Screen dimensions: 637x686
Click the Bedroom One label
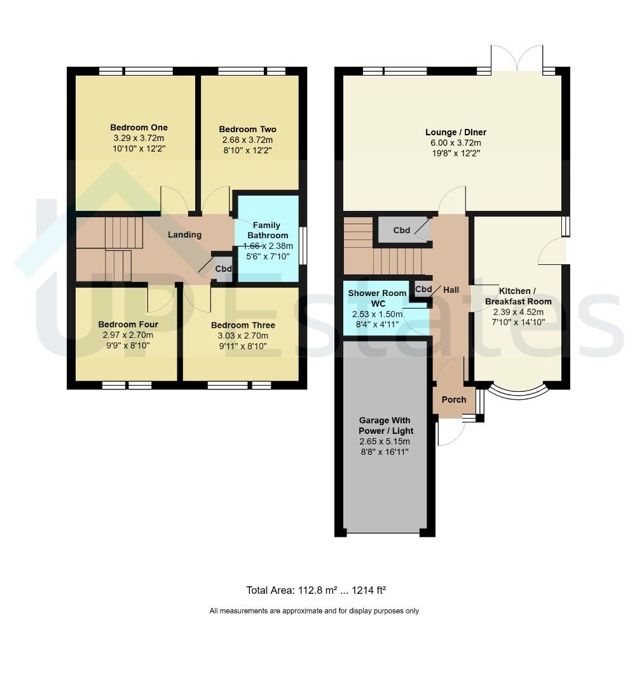(x=139, y=128)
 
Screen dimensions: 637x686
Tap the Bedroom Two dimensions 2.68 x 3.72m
(x=247, y=140)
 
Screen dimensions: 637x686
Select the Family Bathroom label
(x=267, y=230)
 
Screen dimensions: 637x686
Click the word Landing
(x=185, y=235)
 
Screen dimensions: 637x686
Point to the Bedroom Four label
(x=128, y=325)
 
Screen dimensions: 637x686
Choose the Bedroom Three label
(x=243, y=325)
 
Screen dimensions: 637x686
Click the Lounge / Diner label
(x=456, y=132)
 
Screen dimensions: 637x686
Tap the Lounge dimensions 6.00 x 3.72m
(x=456, y=143)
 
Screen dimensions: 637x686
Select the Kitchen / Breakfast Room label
(x=518, y=296)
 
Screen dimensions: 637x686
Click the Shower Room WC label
(x=378, y=299)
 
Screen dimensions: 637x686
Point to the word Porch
(x=454, y=400)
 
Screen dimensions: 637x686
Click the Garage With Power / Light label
(x=385, y=426)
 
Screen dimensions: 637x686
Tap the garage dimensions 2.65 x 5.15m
(x=385, y=441)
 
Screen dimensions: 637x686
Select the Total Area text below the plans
(x=316, y=591)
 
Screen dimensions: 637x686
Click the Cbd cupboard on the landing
(x=223, y=268)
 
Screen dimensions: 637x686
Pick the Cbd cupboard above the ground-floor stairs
(x=402, y=230)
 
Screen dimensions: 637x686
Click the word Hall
(x=451, y=290)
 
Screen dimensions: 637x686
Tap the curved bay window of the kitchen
(x=518, y=393)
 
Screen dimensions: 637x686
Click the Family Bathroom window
(x=303, y=245)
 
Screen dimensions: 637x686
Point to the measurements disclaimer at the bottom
(x=314, y=611)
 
